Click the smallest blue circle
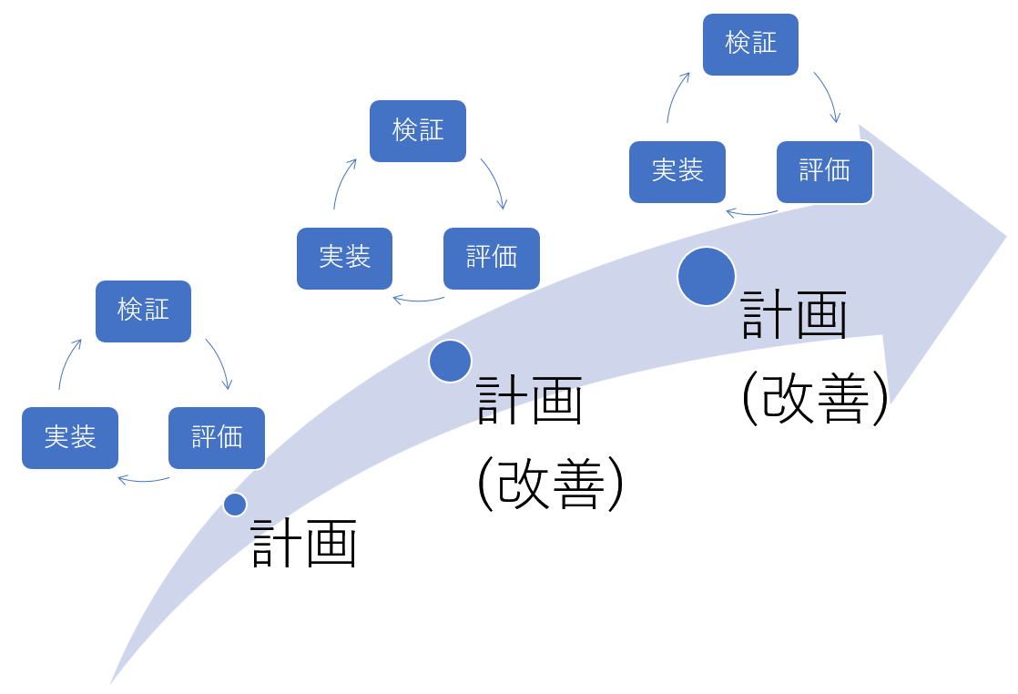(x=235, y=505)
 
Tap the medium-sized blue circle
(x=450, y=361)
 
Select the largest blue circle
(x=707, y=276)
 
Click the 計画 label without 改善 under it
(x=304, y=544)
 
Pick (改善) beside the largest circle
(x=815, y=398)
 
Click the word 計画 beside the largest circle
(x=794, y=315)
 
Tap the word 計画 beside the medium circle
(x=529, y=401)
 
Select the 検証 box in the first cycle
(x=143, y=311)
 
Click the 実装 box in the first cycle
(x=70, y=438)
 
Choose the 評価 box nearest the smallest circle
(x=217, y=438)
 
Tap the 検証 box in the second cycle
(x=418, y=131)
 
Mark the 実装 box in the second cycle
(x=344, y=259)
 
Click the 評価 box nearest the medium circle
(x=492, y=259)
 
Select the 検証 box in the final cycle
(x=750, y=44)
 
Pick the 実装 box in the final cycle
(x=677, y=172)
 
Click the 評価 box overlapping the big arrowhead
(x=825, y=172)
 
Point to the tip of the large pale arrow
(x=1004, y=237)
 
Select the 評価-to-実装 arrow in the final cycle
(x=751, y=214)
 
